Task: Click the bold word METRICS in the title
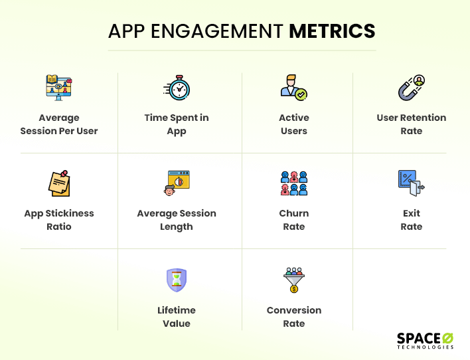pos(332,31)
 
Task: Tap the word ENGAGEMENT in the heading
pos(216,31)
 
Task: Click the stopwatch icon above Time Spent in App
pos(177,88)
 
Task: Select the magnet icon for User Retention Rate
pos(412,88)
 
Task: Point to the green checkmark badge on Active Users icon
pos(301,94)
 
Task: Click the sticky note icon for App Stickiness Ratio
pos(59,183)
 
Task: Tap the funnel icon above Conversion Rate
pos(294,280)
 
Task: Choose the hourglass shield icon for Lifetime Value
pos(177,280)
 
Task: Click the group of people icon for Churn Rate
pos(294,183)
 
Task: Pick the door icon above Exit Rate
pos(412,183)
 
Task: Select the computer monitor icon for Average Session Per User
pos(59,88)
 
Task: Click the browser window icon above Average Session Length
pos(177,183)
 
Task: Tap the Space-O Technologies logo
pos(425,341)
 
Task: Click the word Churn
pos(293,213)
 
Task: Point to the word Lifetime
pos(177,310)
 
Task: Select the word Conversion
pos(294,310)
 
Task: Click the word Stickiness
pos(70,213)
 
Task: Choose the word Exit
pos(412,213)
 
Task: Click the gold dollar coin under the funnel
pos(294,289)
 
